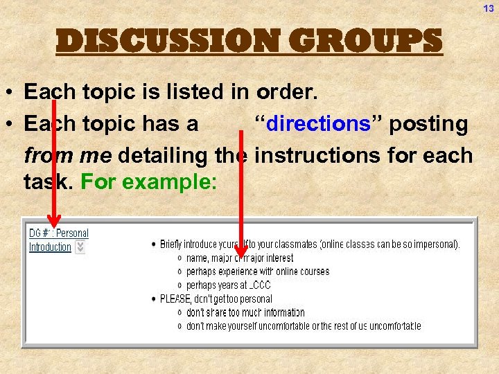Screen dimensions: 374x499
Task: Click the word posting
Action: (428, 124)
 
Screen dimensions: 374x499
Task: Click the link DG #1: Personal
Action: (59, 233)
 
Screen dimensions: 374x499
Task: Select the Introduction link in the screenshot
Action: (50, 247)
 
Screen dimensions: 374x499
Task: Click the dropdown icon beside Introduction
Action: (80, 247)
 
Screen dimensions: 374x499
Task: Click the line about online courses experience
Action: (257, 271)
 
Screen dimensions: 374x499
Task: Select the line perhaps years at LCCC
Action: (228, 285)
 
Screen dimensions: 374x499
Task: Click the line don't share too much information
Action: (245, 312)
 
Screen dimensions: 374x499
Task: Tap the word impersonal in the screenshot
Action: (432, 244)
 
